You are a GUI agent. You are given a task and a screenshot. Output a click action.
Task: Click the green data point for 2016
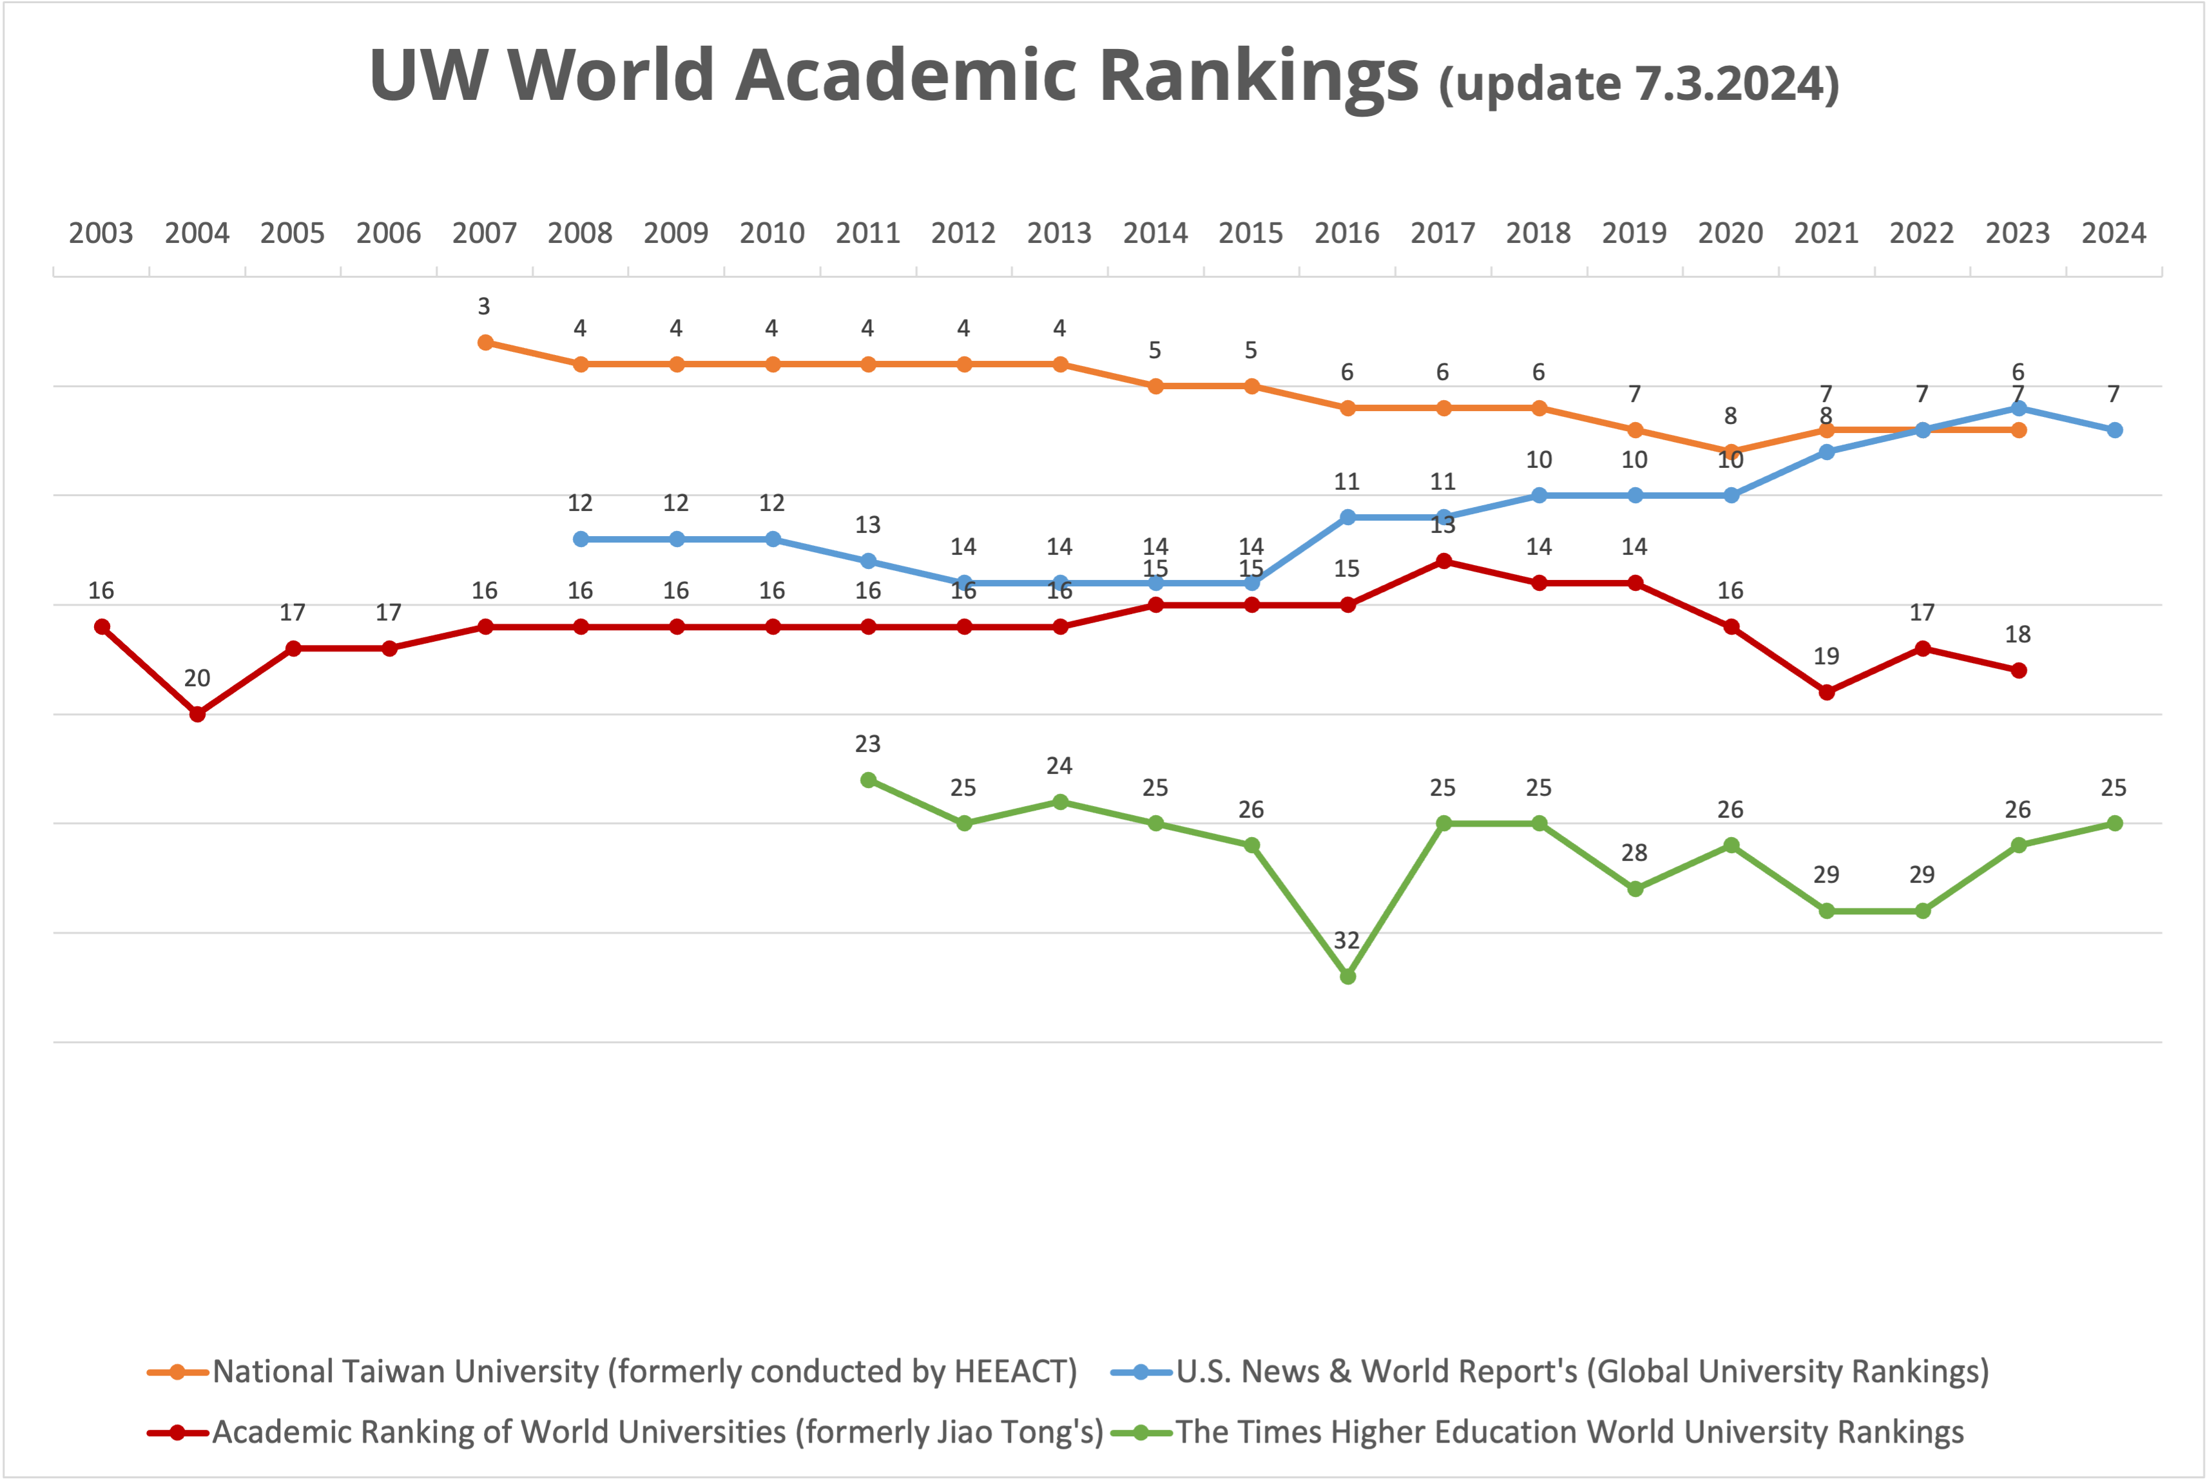click(x=1348, y=976)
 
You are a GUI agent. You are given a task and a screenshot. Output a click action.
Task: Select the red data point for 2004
click(x=198, y=715)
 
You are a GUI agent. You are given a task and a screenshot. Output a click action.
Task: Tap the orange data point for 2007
click(x=485, y=342)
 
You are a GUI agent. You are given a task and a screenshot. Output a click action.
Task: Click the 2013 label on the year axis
click(x=1059, y=233)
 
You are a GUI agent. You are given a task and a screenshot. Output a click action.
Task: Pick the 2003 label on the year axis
click(x=101, y=233)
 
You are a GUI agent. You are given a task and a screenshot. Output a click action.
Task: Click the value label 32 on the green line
click(x=1347, y=941)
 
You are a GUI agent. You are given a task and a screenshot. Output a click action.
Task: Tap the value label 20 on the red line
click(x=197, y=678)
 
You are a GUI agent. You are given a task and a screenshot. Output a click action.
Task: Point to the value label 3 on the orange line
click(x=484, y=306)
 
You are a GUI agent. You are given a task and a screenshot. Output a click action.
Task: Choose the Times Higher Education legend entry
click(x=1569, y=1432)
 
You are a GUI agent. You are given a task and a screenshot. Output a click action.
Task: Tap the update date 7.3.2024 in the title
click(x=1728, y=83)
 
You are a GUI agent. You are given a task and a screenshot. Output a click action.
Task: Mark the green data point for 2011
click(x=869, y=780)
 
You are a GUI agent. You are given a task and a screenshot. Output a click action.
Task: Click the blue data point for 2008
click(x=581, y=539)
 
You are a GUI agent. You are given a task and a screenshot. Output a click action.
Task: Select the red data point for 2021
click(x=1827, y=693)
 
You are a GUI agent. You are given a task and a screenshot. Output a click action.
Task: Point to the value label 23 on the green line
click(x=868, y=744)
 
